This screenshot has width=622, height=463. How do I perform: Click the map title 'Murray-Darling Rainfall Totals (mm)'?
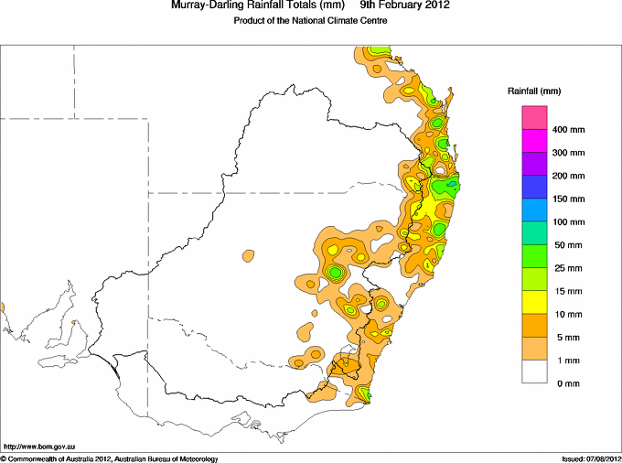tap(258, 5)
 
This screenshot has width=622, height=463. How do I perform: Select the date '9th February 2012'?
tap(405, 5)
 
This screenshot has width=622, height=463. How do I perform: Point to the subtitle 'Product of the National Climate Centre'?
tap(310, 21)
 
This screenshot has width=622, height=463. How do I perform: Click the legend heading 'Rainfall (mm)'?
tap(534, 92)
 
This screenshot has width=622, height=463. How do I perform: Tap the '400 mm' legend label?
tap(568, 130)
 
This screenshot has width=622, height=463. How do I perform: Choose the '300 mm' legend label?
tap(568, 153)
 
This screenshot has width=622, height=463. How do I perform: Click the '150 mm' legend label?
tap(568, 199)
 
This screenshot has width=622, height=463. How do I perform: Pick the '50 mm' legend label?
tap(568, 245)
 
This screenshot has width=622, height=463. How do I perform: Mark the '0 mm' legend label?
tap(568, 383)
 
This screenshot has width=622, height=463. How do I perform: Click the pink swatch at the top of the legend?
tap(534, 117)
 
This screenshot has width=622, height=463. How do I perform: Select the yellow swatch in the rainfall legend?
tap(534, 302)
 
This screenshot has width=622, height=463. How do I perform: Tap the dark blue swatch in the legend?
tap(534, 187)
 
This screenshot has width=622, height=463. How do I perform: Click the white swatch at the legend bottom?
tap(534, 371)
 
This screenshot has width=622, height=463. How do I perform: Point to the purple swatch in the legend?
tap(534, 164)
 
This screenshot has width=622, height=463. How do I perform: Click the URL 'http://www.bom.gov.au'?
tap(39, 447)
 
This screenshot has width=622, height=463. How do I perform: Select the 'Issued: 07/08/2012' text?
tap(592, 459)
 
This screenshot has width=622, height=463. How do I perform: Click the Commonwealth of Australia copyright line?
tap(110, 459)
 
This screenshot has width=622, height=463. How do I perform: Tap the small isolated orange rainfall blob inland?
tap(248, 255)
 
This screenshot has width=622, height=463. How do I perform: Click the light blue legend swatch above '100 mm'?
tap(534, 210)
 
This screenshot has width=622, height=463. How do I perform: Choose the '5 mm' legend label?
tap(568, 338)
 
